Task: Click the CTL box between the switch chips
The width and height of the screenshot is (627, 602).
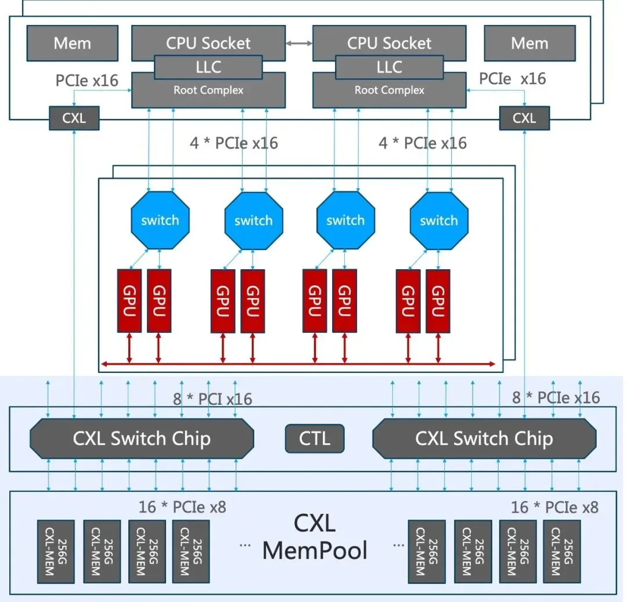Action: point(315,438)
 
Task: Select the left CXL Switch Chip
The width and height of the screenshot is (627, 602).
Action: point(142,439)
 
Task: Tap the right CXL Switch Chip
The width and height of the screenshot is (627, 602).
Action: point(484,439)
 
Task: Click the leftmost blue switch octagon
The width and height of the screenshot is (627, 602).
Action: point(160,220)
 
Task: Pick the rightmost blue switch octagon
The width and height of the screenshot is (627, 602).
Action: point(439,220)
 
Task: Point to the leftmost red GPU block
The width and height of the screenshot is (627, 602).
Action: point(129,300)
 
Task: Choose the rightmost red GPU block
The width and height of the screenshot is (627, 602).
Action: point(438,300)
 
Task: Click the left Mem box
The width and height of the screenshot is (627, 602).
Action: point(72,43)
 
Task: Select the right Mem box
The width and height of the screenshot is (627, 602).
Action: point(529,43)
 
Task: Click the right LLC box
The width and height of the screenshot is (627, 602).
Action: point(389,67)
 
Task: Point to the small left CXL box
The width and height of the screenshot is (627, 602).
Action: point(74,118)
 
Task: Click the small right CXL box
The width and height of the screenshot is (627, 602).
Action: point(524,118)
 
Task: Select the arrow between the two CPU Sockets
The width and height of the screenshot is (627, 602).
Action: point(299,43)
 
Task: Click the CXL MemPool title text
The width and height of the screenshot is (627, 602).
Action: point(315,536)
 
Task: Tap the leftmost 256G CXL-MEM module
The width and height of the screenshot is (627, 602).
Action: point(56,552)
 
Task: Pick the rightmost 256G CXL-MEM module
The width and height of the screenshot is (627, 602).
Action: point(561,552)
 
